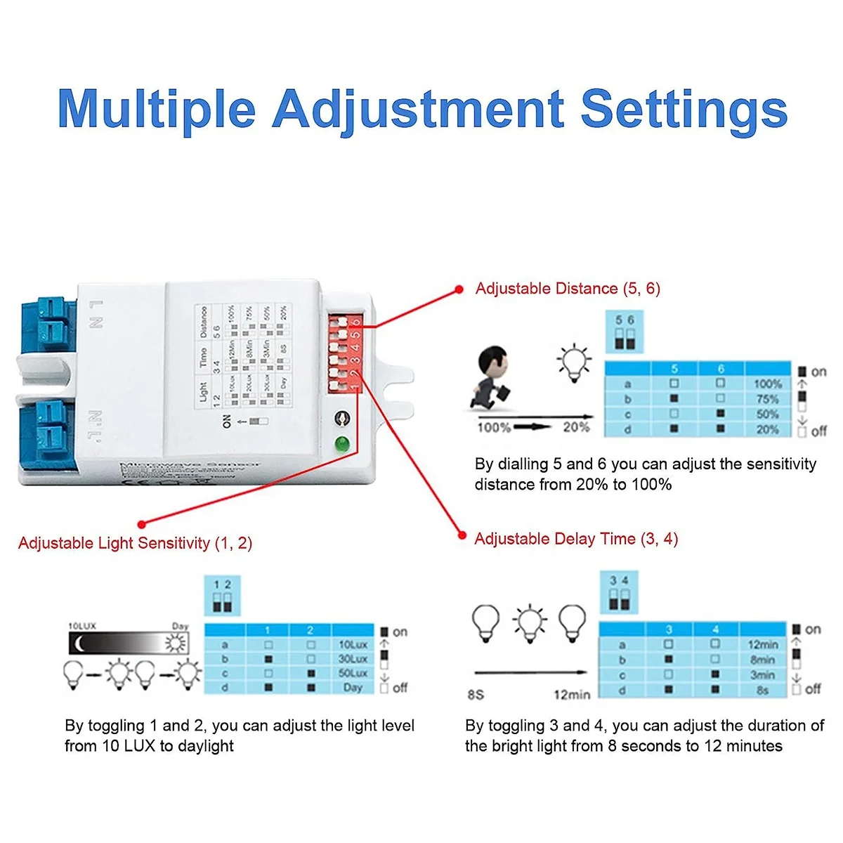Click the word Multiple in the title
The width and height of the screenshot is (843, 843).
(157, 110)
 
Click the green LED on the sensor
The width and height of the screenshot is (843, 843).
(342, 444)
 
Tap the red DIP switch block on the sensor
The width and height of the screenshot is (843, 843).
(344, 353)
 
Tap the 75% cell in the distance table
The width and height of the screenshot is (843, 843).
(767, 399)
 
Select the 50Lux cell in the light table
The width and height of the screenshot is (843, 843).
(353, 673)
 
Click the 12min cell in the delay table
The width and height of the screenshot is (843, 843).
(763, 644)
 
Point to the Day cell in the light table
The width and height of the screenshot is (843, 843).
(353, 688)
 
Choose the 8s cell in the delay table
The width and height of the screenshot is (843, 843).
(763, 690)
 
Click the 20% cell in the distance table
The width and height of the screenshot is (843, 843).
(767, 429)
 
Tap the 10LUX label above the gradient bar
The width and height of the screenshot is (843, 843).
(81, 625)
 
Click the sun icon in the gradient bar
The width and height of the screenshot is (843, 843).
(176, 643)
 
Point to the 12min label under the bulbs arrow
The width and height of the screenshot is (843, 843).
(572, 695)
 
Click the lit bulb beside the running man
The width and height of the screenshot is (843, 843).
(575, 362)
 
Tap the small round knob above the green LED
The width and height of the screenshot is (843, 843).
(342, 419)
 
